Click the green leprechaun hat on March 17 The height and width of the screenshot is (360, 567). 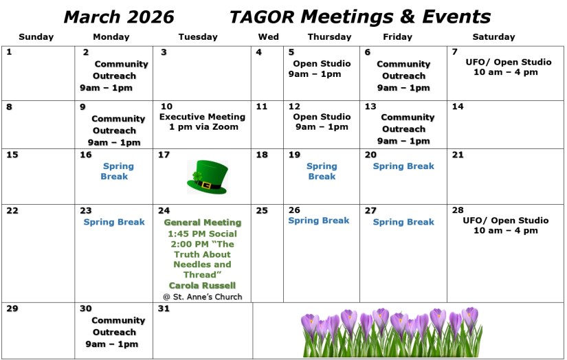[207, 177]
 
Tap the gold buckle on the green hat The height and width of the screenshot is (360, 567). [206, 185]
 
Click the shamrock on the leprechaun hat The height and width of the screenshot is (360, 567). [197, 177]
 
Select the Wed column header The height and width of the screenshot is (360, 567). [268, 37]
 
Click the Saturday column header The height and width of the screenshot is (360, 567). [493, 37]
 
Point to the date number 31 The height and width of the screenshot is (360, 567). [164, 308]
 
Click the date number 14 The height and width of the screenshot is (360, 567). [458, 106]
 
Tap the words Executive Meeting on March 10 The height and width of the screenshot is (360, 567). [202, 117]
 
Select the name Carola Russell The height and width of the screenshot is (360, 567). [202, 286]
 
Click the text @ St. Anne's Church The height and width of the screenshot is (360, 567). [203, 297]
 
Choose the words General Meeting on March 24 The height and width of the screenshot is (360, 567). [203, 223]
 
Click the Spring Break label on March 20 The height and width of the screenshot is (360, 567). [403, 166]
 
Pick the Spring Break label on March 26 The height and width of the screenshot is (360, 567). [319, 221]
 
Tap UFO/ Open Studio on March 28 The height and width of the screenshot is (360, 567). [506, 221]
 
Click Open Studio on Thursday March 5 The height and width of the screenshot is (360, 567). [322, 64]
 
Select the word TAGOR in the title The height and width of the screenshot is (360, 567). [262, 17]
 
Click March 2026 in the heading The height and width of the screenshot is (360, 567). [119, 17]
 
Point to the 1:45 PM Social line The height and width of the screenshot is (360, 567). [203, 234]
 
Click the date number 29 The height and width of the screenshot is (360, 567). [12, 308]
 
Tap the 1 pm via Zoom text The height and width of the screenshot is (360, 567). [203, 127]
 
